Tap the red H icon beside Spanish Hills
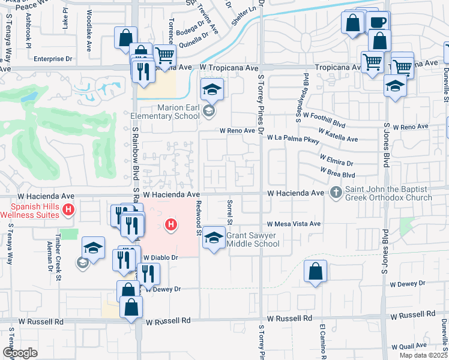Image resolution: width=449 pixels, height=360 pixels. tap(69, 209)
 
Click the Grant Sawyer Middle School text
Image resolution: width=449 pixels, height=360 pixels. tap(253, 239)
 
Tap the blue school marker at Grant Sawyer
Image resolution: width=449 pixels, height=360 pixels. tap(212, 237)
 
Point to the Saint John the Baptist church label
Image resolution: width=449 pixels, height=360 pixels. tap(388, 194)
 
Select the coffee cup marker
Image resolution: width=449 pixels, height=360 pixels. tap(378, 22)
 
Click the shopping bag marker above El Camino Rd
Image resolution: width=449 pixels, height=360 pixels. tap(315, 271)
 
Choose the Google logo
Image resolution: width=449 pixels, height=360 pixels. tap(20, 353)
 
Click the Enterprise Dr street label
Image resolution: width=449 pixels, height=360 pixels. tap(53, 59)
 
